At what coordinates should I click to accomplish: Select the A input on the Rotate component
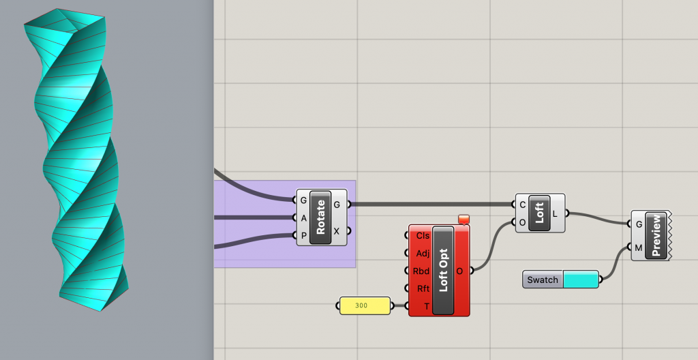[x=303, y=217]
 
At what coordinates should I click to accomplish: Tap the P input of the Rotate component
[x=303, y=235]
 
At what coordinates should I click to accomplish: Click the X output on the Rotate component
[x=337, y=231]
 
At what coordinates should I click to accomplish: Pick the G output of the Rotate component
[x=337, y=203]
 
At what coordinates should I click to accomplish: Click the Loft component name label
[x=539, y=213]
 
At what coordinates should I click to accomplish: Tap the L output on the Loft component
[x=555, y=213]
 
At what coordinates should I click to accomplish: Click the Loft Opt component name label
[x=443, y=270]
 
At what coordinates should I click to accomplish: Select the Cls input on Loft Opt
[x=422, y=235]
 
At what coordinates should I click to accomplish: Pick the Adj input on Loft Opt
[x=422, y=253]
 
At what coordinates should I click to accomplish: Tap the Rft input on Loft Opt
[x=422, y=288]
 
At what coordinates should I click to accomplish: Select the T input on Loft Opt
[x=426, y=306]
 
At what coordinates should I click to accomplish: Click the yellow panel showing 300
[x=365, y=305]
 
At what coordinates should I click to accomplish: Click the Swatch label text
[x=543, y=280]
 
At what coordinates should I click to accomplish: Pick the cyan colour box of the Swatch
[x=580, y=280]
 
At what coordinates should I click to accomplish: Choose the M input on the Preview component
[x=638, y=247]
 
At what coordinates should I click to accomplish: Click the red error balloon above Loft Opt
[x=464, y=219]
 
